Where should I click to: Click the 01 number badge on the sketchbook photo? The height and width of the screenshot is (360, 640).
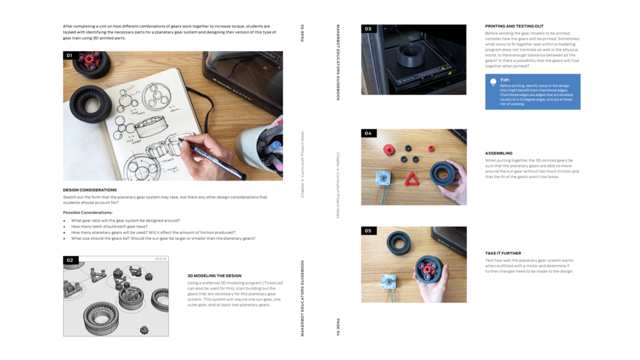(x=69, y=56)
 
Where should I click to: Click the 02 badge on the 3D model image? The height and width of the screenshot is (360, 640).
(x=69, y=260)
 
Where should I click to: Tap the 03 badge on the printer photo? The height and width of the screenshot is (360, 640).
(x=367, y=29)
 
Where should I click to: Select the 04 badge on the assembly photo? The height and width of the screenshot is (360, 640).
(x=367, y=133)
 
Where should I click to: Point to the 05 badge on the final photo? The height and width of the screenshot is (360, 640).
(x=367, y=231)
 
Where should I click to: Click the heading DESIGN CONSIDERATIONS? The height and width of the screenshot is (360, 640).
(x=89, y=189)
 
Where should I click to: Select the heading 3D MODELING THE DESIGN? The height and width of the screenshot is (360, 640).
(x=214, y=275)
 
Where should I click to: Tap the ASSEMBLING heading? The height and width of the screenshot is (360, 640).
(x=499, y=153)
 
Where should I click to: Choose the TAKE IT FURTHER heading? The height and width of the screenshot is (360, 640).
(x=502, y=253)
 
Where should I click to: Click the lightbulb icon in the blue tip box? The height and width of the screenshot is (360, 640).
(x=493, y=82)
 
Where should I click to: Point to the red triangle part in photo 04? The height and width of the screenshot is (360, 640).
(x=412, y=179)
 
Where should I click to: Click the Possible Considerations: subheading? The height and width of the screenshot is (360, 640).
(x=87, y=212)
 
